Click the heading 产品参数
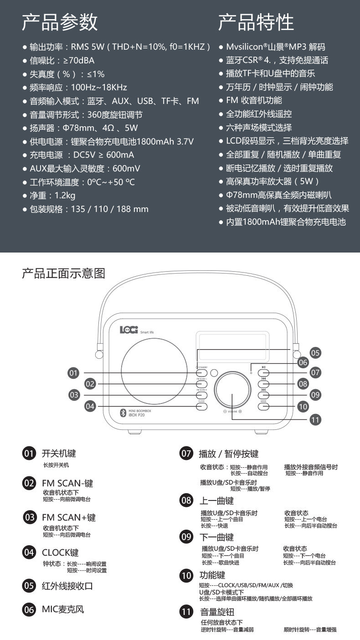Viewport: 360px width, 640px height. tap(60, 22)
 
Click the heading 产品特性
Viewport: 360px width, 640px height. tap(256, 22)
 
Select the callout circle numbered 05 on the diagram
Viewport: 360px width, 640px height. tap(315, 352)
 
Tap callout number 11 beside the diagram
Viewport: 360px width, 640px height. tap(315, 419)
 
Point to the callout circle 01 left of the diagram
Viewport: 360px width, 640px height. tap(74, 373)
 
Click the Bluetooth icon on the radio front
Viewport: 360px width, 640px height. tap(123, 413)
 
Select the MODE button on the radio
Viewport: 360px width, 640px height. tap(264, 406)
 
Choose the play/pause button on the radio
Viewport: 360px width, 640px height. tap(264, 373)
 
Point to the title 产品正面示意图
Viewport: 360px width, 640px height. tap(64, 274)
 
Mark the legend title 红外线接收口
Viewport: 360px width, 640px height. tap(67, 586)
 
